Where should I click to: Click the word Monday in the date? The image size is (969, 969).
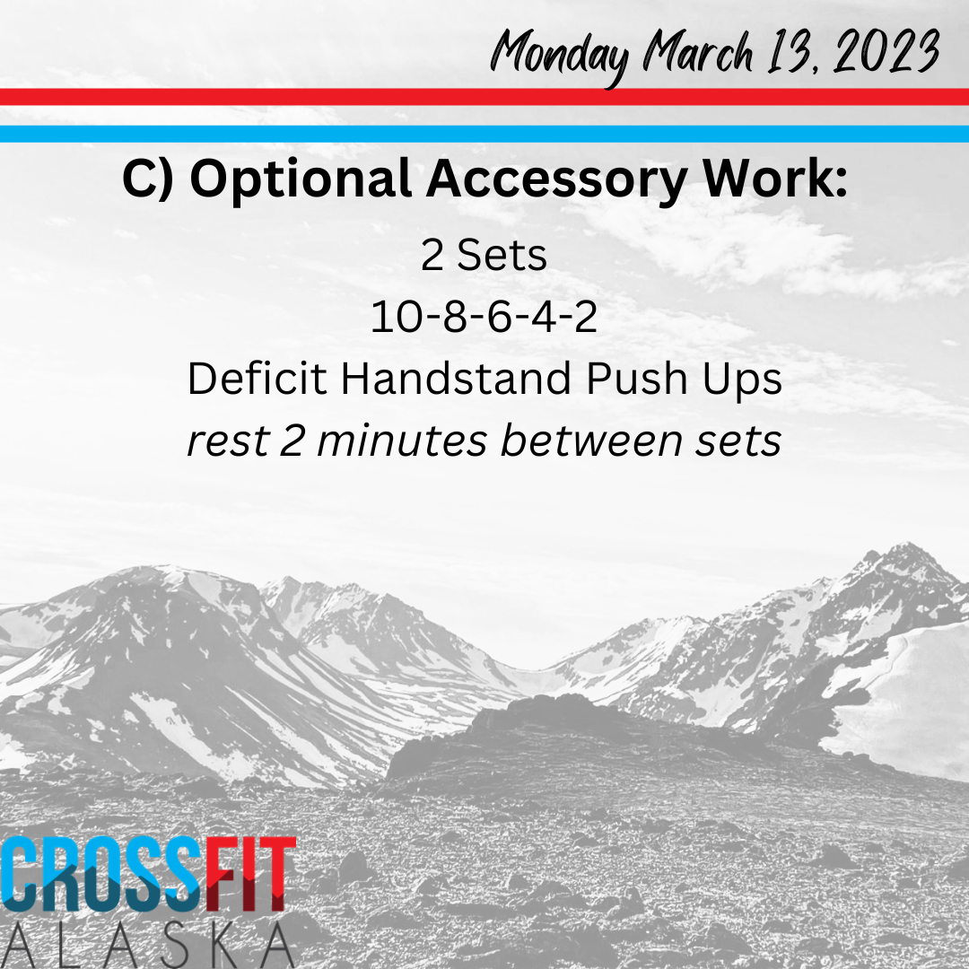(559, 56)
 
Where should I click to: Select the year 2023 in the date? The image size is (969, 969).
(886, 50)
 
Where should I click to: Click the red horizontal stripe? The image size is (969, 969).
(484, 97)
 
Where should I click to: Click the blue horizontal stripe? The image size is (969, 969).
(484, 134)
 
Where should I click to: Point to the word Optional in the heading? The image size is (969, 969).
(301, 179)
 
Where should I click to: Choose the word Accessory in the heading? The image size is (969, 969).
(556, 179)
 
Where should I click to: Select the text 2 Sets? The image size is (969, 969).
(484, 255)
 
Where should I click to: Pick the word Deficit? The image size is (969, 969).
(258, 379)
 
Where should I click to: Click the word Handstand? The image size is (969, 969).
(456, 379)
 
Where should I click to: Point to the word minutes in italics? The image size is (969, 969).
(402, 441)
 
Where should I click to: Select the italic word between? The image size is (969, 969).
(591, 441)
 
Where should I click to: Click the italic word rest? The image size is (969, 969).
(229, 441)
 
